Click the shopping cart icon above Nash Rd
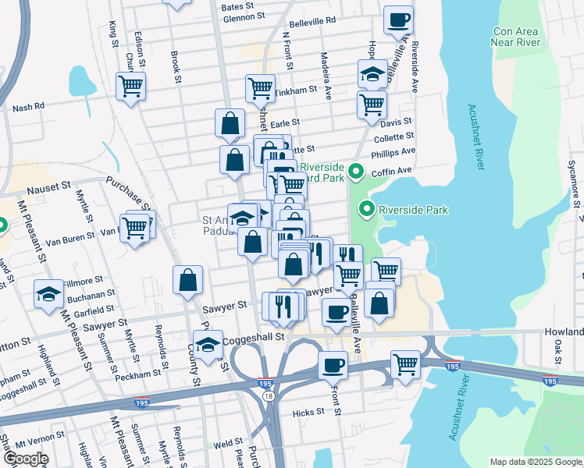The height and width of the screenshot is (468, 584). [131, 85]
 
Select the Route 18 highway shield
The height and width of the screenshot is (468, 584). [269, 397]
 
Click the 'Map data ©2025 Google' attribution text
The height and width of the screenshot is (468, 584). [536, 462]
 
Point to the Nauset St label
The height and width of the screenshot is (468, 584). [48, 188]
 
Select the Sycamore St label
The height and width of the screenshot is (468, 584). [572, 180]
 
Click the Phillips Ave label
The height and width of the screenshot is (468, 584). [393, 152]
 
